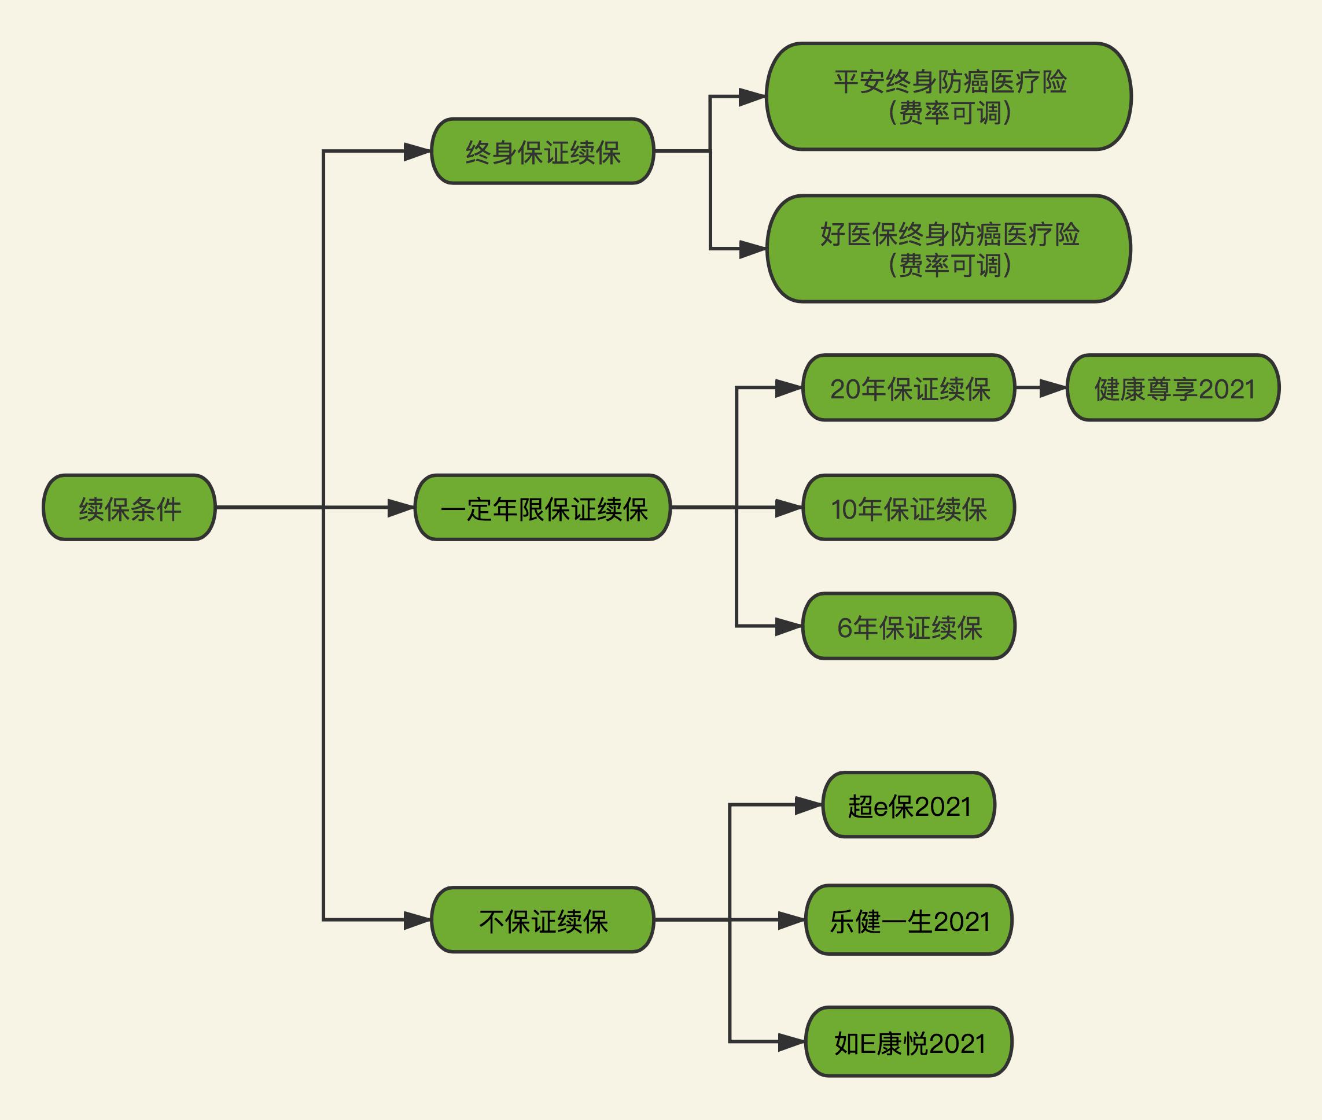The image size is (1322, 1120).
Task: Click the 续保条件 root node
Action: pos(130,507)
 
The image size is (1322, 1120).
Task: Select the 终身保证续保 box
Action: pos(543,151)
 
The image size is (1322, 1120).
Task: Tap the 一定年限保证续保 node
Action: pos(543,507)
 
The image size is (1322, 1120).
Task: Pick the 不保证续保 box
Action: pos(543,919)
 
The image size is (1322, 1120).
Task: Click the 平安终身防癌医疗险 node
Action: pos(949,97)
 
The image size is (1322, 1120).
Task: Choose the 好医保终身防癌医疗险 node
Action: pos(949,248)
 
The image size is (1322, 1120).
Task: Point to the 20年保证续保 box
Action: pos(909,387)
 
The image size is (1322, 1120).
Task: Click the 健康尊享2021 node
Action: pos(1173,387)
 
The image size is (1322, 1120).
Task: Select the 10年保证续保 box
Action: pos(909,507)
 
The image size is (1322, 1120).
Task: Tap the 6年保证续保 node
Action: pos(909,626)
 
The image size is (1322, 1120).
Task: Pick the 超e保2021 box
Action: pos(909,804)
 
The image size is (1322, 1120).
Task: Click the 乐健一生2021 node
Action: pos(909,919)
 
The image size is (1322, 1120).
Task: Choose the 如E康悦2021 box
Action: pos(909,1041)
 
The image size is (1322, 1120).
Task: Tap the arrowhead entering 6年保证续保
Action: pos(790,626)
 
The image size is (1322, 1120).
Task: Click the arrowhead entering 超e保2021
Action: pos(809,804)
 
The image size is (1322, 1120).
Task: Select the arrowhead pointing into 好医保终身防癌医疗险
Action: pos(753,248)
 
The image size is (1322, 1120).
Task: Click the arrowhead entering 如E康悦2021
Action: pos(792,1041)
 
